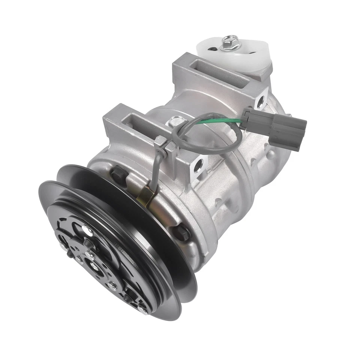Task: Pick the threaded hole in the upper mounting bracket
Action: (x=260, y=101)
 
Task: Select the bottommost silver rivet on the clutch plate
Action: (x=141, y=310)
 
